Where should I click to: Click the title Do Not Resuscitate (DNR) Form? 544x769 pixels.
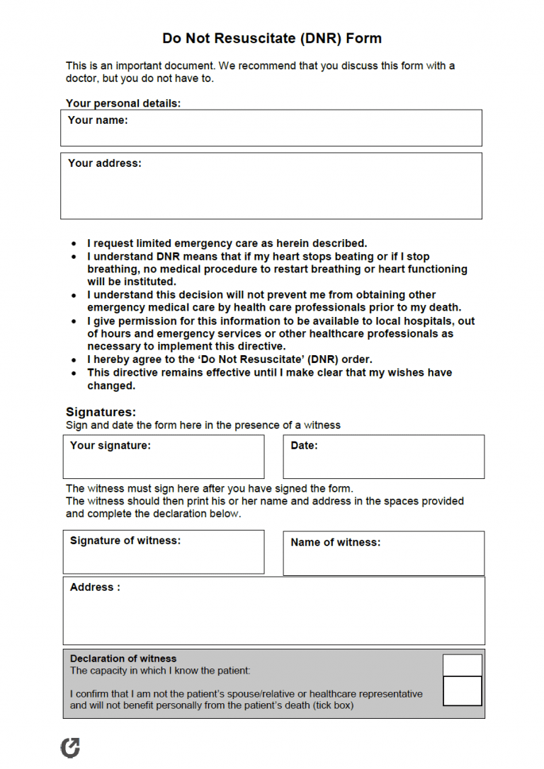click(x=272, y=38)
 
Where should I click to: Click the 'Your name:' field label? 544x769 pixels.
click(x=98, y=120)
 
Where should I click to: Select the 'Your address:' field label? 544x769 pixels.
click(x=104, y=163)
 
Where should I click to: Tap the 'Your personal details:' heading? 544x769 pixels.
click(x=123, y=103)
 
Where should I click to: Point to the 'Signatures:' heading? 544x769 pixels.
click(x=101, y=412)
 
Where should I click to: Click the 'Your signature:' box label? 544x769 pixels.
click(x=110, y=446)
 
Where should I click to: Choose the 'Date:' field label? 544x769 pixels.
click(x=304, y=446)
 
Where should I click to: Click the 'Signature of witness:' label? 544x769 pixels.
click(x=125, y=540)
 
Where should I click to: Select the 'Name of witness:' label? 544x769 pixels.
click(x=335, y=543)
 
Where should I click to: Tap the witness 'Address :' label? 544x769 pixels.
click(x=94, y=587)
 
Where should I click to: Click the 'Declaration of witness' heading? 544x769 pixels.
click(x=123, y=659)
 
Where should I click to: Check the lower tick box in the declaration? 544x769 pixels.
click(x=462, y=690)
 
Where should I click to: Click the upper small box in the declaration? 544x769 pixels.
click(x=462, y=665)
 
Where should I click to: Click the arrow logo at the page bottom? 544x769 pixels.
click(x=70, y=748)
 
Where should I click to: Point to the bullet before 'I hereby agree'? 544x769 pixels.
click(x=75, y=359)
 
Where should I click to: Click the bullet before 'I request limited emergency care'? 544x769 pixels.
click(x=75, y=243)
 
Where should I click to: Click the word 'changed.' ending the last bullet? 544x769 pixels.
click(x=110, y=386)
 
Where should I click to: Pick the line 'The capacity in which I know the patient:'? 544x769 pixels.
click(x=159, y=671)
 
